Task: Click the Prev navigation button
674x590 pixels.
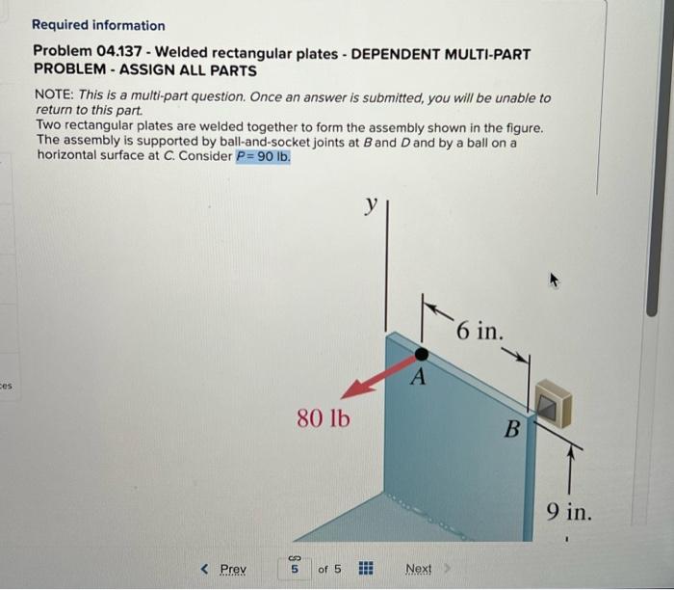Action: tap(224, 569)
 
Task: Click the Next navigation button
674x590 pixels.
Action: tap(419, 569)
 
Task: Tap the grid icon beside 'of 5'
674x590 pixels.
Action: tap(366, 569)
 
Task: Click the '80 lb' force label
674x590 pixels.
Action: tap(324, 419)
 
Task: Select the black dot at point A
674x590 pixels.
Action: tap(421, 354)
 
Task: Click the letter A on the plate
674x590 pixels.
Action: tap(418, 378)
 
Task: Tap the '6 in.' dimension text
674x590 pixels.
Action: tap(479, 332)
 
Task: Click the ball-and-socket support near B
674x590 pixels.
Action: tap(552, 402)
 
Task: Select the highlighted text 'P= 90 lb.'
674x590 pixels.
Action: tap(263, 156)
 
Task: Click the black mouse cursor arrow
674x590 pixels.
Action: tap(554, 282)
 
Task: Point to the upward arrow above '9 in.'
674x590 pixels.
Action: tap(570, 463)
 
